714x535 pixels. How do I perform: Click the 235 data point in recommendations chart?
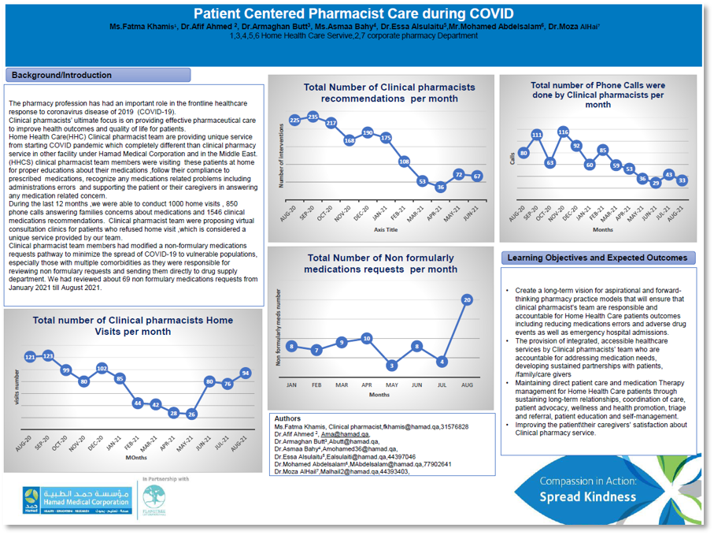[x=313, y=117]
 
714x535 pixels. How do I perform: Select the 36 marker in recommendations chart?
[x=440, y=187]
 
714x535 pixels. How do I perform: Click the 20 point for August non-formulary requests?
[x=468, y=299]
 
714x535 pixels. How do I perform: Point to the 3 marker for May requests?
[x=391, y=365]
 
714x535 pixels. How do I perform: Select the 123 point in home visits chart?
[x=48, y=356]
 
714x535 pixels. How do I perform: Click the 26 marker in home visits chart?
[x=192, y=414]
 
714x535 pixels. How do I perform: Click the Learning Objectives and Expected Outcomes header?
[x=597, y=258]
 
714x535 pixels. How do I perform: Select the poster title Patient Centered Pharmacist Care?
[x=353, y=14]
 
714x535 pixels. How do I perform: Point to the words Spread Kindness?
[x=587, y=497]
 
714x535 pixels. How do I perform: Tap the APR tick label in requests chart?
[x=366, y=385]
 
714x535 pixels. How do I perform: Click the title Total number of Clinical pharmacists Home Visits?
[x=132, y=326]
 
